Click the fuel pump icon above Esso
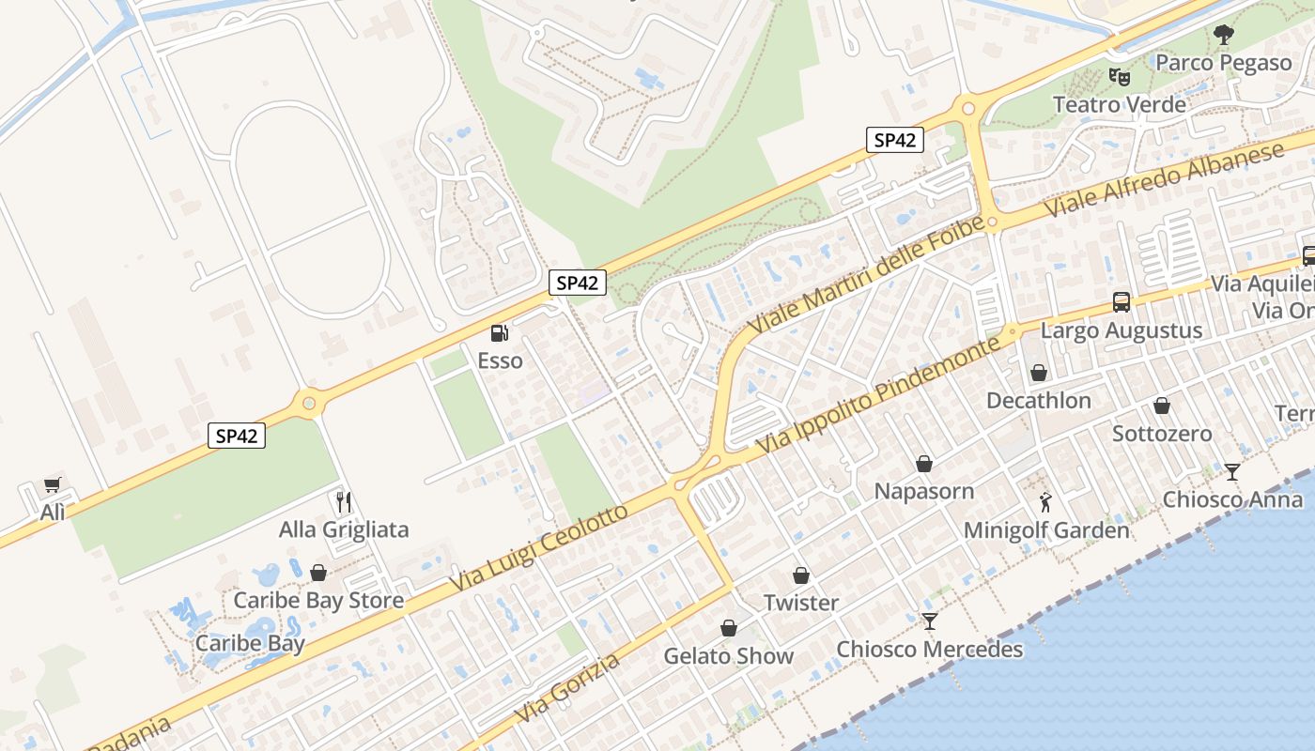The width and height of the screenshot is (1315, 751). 500,333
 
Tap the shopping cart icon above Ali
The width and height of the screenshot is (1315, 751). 53,485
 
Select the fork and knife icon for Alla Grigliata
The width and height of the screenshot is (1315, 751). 344,502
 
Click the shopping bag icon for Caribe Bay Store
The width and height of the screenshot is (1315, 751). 318,573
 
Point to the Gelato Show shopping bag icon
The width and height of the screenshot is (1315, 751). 729,628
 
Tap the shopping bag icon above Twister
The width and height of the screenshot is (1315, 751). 801,575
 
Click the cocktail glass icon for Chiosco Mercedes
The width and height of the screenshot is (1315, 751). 930,621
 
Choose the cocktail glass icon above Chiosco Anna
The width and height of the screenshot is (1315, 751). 1232,471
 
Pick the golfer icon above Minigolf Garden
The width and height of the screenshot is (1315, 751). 1046,502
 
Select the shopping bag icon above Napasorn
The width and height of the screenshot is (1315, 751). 924,464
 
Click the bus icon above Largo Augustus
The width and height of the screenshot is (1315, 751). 1122,302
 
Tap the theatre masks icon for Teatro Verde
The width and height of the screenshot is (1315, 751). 1118,76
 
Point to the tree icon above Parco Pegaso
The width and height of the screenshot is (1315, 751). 1223,35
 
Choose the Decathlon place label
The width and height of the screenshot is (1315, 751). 1038,401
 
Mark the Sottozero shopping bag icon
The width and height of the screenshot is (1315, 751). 1162,406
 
